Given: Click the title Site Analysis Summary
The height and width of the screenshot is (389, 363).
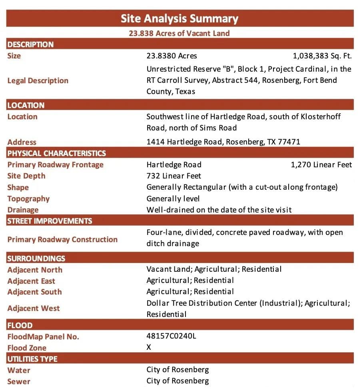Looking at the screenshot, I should coord(180,18).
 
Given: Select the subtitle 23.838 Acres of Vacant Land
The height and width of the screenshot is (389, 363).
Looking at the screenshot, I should coord(180,33).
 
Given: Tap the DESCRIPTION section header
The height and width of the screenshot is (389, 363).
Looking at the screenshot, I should coord(30,44).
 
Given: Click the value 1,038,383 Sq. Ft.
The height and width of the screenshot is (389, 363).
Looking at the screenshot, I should coord(322,56).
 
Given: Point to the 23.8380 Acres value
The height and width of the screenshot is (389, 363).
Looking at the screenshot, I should coord(172,56).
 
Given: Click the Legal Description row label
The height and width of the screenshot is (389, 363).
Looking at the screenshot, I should coord(38,80).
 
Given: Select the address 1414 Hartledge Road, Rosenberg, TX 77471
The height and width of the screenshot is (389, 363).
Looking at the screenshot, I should coord(223,142).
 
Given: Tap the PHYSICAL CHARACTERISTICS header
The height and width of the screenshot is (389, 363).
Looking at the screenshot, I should coord(57,153).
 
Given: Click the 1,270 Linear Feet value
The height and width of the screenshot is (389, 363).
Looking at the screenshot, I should coord(321,164).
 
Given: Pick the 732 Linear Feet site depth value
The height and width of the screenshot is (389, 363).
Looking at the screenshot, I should coord(174,176).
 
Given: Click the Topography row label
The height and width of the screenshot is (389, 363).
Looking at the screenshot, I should coord(28,199).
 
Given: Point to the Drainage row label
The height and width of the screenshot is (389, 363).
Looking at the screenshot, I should coord(23,210).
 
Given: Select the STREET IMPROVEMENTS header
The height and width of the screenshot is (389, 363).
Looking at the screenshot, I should coord(50,221).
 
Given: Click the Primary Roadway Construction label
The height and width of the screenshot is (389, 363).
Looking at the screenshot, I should coord(62,239).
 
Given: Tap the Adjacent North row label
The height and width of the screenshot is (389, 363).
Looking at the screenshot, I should coord(35,270).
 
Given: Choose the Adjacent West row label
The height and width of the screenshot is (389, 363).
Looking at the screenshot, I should coord(34,308).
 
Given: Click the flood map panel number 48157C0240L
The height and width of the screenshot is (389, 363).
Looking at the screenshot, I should coord(172,336).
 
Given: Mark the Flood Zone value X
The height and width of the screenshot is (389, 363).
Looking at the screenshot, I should coord(149,347).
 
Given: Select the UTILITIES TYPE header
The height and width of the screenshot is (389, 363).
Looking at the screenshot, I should coord(32,359).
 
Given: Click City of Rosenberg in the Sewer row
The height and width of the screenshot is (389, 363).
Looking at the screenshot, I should coord(178,381).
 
